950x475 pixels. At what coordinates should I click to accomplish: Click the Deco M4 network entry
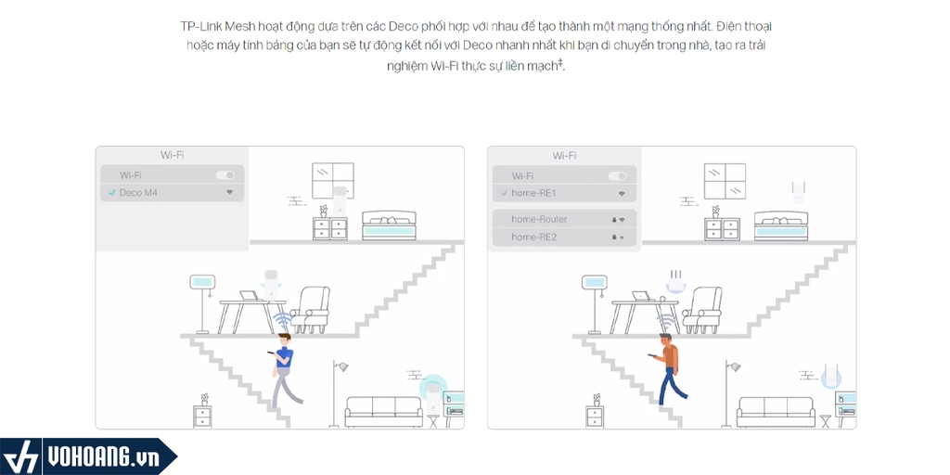click(x=172, y=193)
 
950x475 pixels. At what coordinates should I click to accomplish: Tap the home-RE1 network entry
click(x=564, y=193)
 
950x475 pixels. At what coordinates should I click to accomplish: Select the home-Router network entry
click(x=564, y=219)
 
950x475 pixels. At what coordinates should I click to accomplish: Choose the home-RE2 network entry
click(x=564, y=237)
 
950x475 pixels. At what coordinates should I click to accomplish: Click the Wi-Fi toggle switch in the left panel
click(x=225, y=175)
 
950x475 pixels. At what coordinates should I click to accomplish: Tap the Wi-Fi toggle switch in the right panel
click(x=617, y=176)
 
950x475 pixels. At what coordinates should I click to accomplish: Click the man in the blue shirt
click(x=284, y=369)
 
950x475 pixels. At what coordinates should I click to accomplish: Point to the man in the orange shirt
click(x=668, y=369)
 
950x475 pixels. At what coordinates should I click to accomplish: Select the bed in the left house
click(x=389, y=225)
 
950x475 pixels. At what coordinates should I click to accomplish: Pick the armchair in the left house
click(x=311, y=310)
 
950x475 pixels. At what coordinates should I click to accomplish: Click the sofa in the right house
click(x=776, y=412)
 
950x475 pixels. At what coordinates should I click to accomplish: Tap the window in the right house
click(x=725, y=181)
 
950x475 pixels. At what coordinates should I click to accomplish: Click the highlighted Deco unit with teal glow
click(x=432, y=393)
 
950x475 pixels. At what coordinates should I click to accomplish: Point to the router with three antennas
click(x=675, y=282)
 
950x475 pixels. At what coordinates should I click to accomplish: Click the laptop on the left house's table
click(x=249, y=296)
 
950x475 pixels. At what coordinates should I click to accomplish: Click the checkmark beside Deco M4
click(x=111, y=193)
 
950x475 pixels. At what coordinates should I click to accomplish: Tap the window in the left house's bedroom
click(x=333, y=181)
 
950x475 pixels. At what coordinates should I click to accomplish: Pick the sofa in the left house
click(x=384, y=412)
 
